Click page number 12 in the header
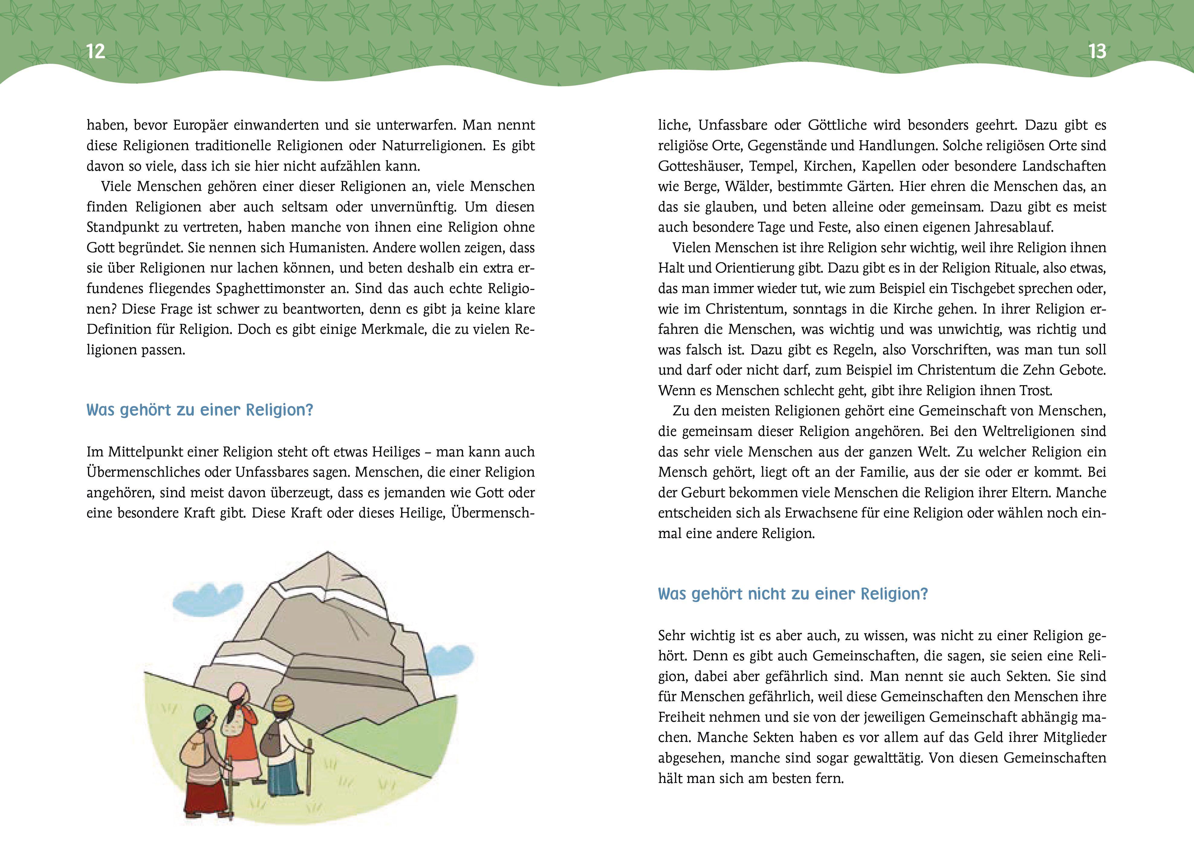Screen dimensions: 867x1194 point(95,52)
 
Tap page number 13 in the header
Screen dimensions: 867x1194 point(1097,52)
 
